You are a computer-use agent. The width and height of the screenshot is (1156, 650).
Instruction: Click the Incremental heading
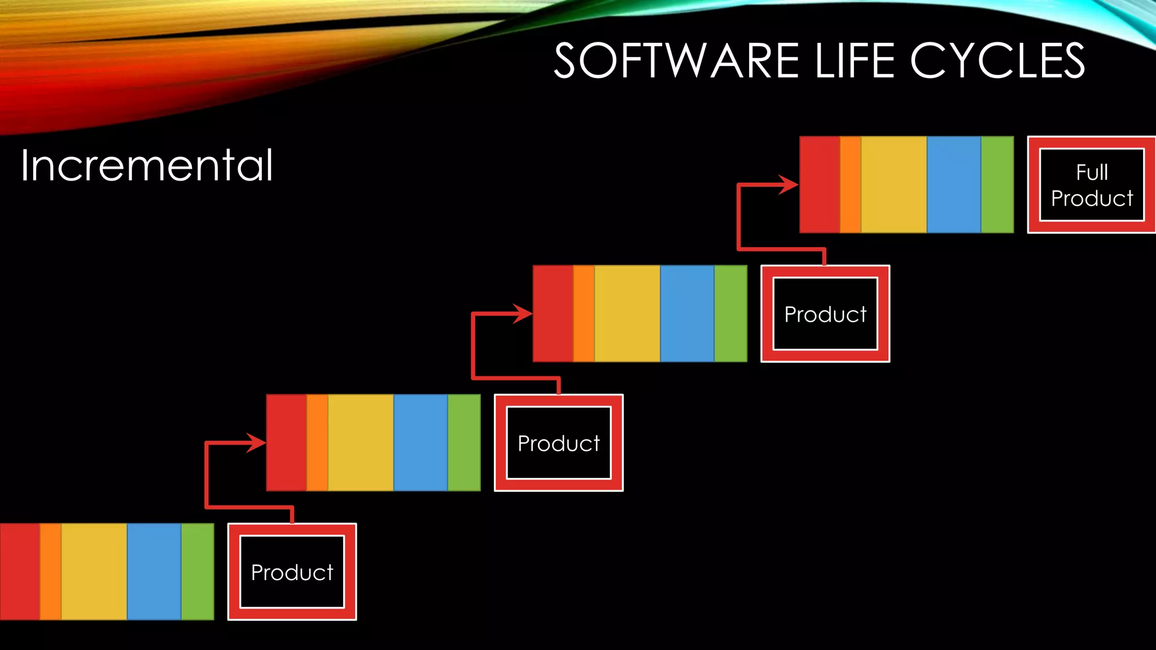pos(147,166)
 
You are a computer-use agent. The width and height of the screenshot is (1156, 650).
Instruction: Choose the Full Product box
pos(1092,185)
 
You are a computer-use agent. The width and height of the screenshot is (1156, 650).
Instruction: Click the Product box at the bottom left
pos(292,572)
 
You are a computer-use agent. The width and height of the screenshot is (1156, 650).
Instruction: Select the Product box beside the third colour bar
pos(825,314)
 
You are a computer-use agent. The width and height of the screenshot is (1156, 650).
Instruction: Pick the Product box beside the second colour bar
pos(559,443)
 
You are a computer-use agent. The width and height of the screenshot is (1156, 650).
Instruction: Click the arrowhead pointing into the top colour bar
pos(789,185)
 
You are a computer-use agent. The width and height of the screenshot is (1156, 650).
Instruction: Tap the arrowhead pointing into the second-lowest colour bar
pos(256,443)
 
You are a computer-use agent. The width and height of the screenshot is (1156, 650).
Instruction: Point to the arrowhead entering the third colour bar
pos(523,314)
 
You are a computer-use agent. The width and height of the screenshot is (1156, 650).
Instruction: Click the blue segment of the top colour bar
pos(954,185)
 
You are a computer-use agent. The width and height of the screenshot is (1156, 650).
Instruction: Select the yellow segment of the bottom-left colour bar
pos(94,572)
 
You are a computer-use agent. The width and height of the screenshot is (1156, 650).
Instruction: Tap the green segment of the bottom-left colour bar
pos(198,572)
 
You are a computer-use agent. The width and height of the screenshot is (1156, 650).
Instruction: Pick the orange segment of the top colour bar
pos(850,185)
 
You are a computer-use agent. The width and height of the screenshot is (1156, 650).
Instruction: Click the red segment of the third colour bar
pos(553,314)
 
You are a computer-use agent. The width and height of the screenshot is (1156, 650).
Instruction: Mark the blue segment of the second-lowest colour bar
pos(421,443)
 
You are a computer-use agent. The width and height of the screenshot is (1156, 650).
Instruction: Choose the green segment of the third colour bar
pos(730,314)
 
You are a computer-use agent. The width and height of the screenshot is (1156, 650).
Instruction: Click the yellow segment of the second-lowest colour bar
pos(361,443)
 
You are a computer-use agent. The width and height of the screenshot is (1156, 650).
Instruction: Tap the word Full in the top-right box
pos(1092,172)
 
